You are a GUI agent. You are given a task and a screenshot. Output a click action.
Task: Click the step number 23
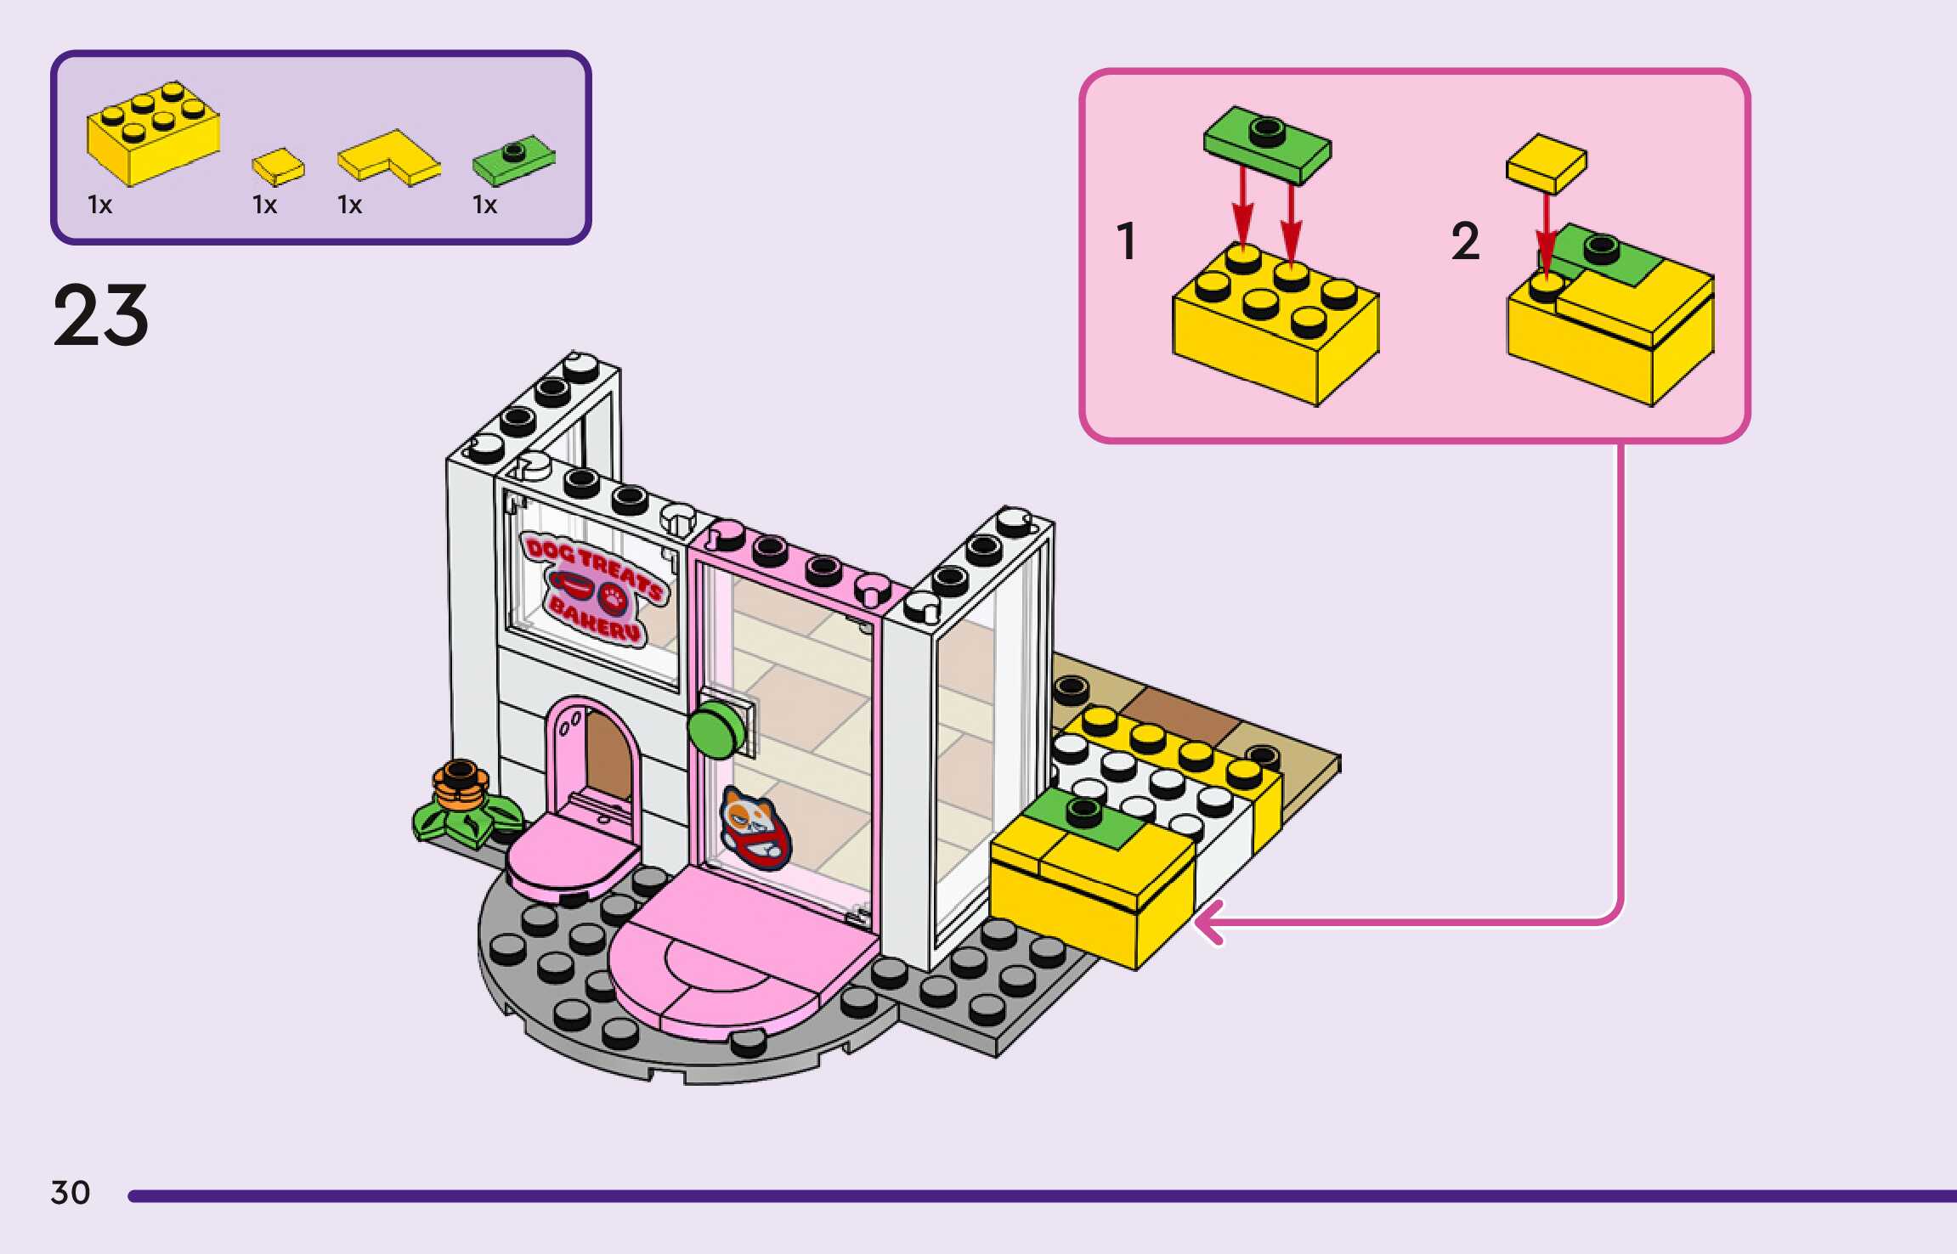pyautogui.click(x=100, y=315)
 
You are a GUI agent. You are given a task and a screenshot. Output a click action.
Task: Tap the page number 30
pyautogui.click(x=71, y=1192)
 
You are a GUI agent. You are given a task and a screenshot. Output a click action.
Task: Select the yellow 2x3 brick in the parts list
pyautogui.click(x=153, y=134)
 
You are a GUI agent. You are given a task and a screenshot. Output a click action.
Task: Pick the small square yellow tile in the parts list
pyautogui.click(x=278, y=166)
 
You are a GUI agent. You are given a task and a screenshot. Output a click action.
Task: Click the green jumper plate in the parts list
pyautogui.click(x=513, y=159)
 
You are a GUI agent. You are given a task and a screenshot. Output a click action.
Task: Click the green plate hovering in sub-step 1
pyautogui.click(x=1267, y=143)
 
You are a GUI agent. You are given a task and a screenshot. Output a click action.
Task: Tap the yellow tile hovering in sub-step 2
pyautogui.click(x=1546, y=162)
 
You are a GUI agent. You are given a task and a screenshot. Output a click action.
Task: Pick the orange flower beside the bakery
pyautogui.click(x=460, y=785)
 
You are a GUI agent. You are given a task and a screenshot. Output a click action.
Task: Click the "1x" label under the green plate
pyautogui.click(x=484, y=205)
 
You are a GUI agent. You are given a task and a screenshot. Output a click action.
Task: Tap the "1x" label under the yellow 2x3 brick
pyautogui.click(x=99, y=205)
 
